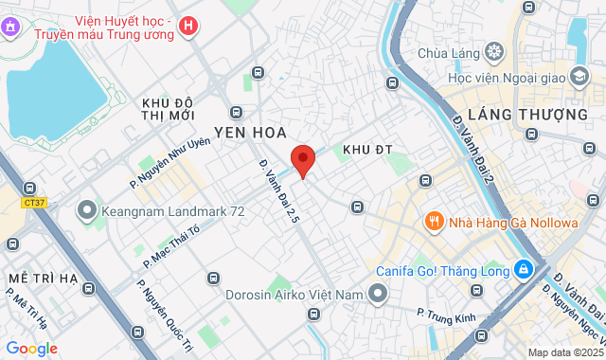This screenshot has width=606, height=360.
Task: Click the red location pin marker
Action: point(302,161)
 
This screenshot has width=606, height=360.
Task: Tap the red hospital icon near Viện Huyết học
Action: point(189,27)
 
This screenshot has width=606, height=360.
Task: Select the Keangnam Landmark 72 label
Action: point(175,211)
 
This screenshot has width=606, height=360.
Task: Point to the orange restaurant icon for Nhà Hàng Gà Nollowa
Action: point(435,222)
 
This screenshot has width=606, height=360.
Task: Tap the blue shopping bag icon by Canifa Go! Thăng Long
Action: point(522,270)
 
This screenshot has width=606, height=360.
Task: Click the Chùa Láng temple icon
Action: point(492,50)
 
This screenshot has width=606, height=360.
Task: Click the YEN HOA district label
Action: point(250,132)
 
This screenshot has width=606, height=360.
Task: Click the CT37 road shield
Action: point(35,201)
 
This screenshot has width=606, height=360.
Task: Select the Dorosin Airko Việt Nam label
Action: point(294,295)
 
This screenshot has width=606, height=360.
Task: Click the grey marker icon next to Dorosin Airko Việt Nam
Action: point(378,295)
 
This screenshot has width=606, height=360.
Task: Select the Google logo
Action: point(31,349)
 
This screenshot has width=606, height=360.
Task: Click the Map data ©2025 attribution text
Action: point(564,353)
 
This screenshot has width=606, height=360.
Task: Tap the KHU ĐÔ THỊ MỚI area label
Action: point(168,108)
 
